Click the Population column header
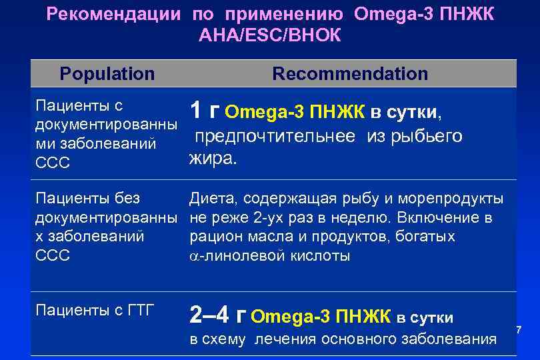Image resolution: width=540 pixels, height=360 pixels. [107, 73]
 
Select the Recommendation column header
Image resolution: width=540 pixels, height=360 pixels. [350, 73]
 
